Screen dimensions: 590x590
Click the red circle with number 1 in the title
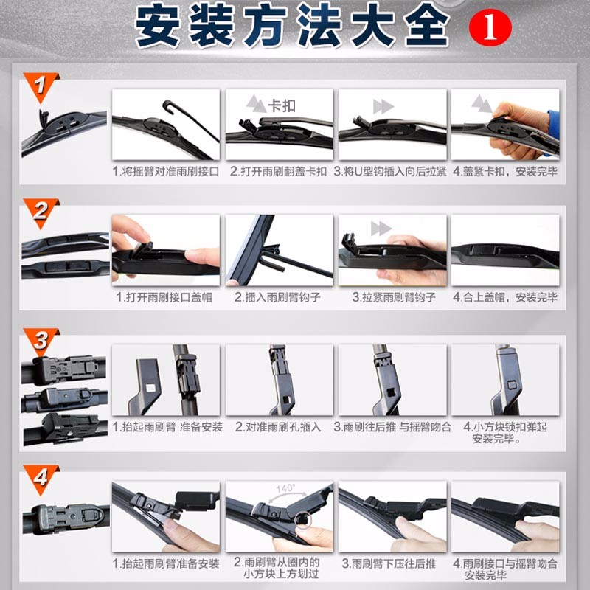point(490,28)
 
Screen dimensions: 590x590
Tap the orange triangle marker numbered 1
point(41,86)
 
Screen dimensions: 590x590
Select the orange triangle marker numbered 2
point(41,212)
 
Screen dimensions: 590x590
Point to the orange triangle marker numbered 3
point(41,341)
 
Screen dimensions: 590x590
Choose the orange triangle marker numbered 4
point(41,478)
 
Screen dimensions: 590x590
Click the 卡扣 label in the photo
point(282,106)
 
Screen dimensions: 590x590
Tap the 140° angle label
point(285,488)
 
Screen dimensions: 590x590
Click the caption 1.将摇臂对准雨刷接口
point(165,172)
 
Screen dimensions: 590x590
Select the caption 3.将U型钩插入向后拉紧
point(390,172)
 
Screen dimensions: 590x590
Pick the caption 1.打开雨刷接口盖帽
point(164,297)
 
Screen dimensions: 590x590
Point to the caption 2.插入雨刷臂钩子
point(278,297)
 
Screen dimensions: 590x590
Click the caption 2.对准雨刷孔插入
point(278,427)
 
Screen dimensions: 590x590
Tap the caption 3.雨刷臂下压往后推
point(389,563)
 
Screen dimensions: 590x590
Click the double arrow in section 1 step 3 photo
point(383,107)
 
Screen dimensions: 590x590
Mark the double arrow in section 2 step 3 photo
point(381,229)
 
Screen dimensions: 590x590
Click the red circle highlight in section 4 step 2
point(303,520)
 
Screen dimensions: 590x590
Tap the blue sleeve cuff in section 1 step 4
point(554,128)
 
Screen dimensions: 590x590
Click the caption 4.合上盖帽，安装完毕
point(505,297)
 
